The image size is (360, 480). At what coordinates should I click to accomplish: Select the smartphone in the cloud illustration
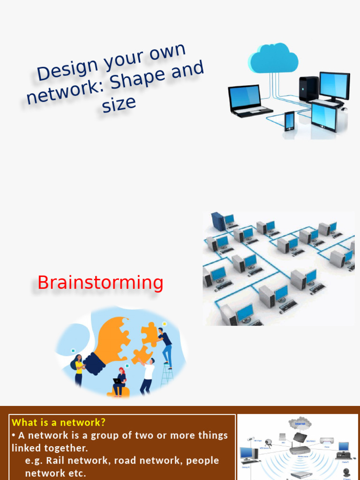289,120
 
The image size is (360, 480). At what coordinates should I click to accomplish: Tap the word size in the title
119,104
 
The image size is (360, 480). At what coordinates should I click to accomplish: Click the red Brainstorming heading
100,283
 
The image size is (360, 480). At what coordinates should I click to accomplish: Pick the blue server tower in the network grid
218,221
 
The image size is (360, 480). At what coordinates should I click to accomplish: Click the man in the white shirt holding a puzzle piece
148,375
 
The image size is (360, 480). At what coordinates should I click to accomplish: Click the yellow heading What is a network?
59,422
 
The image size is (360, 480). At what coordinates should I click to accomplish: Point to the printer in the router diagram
327,441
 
